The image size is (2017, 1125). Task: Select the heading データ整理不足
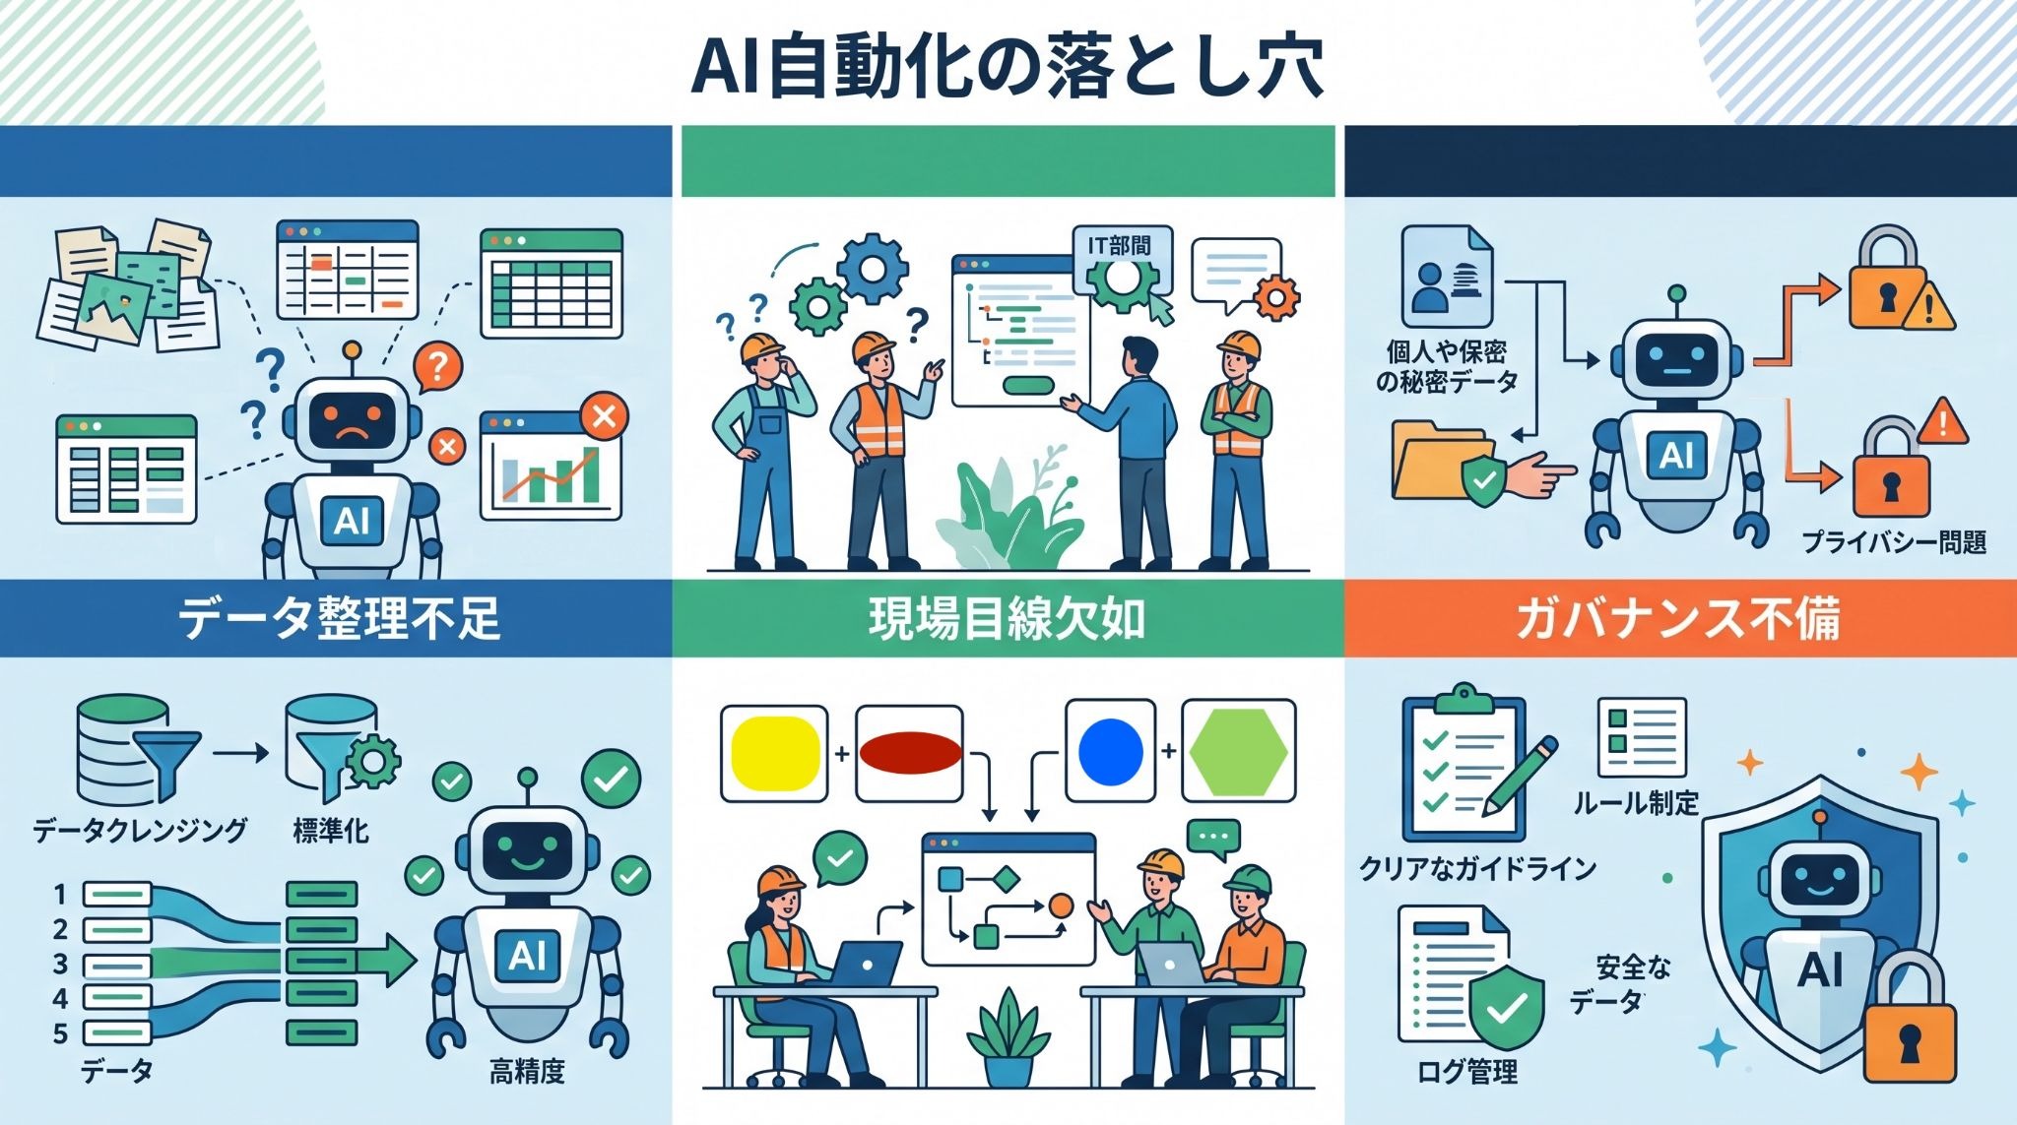click(339, 619)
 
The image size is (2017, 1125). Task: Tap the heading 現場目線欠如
click(1007, 619)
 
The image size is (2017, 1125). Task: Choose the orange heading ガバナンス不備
click(1678, 619)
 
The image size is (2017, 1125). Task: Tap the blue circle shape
click(1111, 751)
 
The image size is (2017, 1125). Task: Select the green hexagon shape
click(1238, 751)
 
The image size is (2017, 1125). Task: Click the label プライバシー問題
click(1893, 542)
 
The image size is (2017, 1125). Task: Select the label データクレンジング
click(140, 830)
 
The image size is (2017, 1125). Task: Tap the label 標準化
click(330, 831)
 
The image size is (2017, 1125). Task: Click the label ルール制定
click(1636, 803)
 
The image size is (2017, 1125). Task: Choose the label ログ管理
click(1467, 1072)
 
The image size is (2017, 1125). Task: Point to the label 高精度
click(527, 1071)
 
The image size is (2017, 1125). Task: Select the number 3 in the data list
click(60, 964)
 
